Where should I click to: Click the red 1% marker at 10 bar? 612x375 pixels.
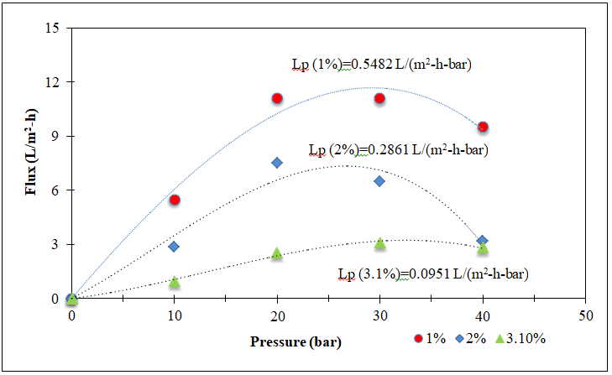pyautogui.click(x=175, y=200)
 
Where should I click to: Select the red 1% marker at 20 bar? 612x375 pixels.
pyautogui.click(x=277, y=98)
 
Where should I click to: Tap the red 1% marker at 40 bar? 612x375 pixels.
pyautogui.click(x=483, y=127)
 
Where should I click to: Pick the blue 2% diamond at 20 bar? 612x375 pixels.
pyautogui.click(x=277, y=163)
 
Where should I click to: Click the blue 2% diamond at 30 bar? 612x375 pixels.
pyautogui.click(x=379, y=180)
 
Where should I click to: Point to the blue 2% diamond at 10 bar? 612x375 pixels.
pyautogui.click(x=174, y=247)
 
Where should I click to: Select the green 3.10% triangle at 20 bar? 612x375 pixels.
pyautogui.click(x=277, y=253)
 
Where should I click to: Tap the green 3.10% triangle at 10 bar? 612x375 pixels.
pyautogui.click(x=175, y=282)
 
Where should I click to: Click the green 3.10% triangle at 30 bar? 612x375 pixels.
pyautogui.click(x=380, y=243)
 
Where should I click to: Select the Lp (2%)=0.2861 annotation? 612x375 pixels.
pyautogui.click(x=398, y=151)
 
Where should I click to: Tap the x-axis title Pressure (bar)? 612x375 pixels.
pyautogui.click(x=295, y=342)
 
